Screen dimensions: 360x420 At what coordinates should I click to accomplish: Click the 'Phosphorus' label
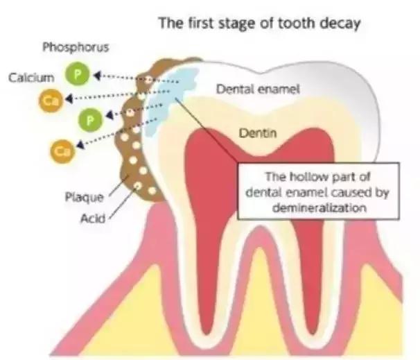click(x=71, y=49)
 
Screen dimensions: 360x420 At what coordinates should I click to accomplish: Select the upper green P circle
click(x=77, y=74)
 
